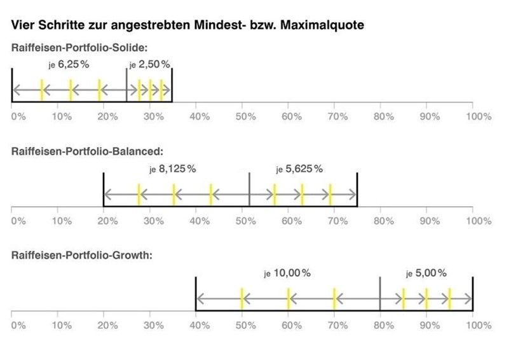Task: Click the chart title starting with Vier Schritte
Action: point(187,26)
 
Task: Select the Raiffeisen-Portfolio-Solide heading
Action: point(79,48)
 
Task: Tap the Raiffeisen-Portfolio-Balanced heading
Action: point(88,151)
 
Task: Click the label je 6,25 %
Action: point(69,65)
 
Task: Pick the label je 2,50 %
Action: point(149,65)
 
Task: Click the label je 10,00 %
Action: point(287,273)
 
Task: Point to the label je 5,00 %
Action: point(426,273)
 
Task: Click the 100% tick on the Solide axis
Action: point(478,116)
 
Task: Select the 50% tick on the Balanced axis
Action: point(245,221)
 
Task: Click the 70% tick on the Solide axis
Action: point(338,116)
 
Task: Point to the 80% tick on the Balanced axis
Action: point(384,221)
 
